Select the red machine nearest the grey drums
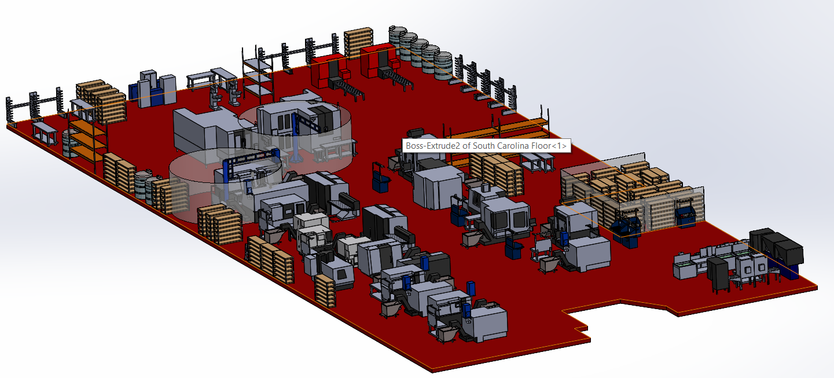(x=377, y=60)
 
